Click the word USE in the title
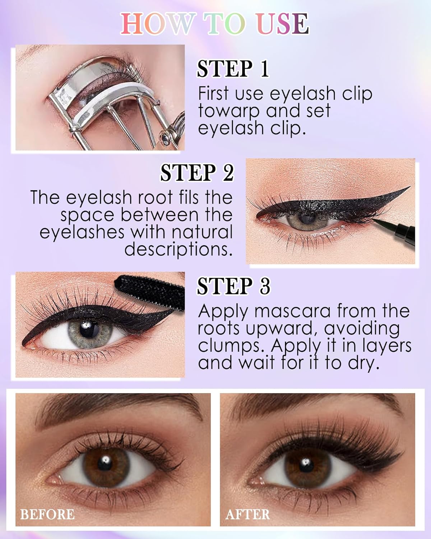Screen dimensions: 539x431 (283, 24)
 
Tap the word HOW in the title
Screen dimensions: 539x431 (156, 24)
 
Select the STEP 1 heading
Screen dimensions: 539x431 (233, 69)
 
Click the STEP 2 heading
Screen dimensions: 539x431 (197, 173)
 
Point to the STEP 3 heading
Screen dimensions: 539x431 (233, 286)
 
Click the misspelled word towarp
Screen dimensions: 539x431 (229, 111)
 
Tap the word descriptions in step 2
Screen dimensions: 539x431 (179, 249)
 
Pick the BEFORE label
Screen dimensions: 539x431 (47, 514)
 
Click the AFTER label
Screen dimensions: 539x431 (247, 514)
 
